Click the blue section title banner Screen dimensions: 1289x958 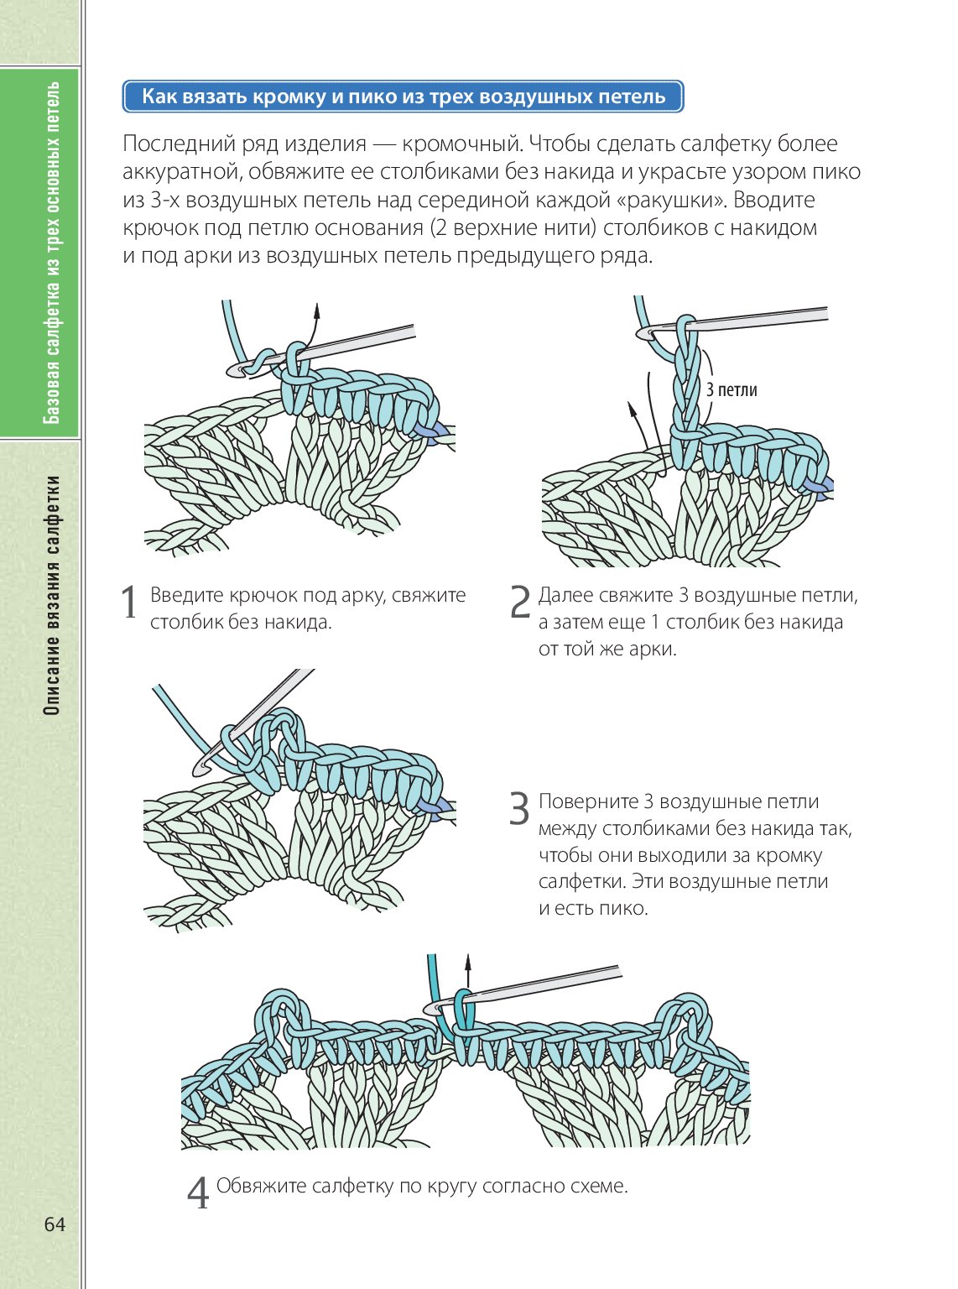tap(403, 97)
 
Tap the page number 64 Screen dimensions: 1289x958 tap(55, 1224)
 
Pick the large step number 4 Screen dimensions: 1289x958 tap(197, 1192)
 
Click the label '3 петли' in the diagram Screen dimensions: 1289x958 tap(732, 389)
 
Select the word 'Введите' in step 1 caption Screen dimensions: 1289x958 tap(186, 596)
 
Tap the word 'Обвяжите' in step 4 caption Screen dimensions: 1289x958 tap(261, 1186)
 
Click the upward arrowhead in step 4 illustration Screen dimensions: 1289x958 tap(468, 959)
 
